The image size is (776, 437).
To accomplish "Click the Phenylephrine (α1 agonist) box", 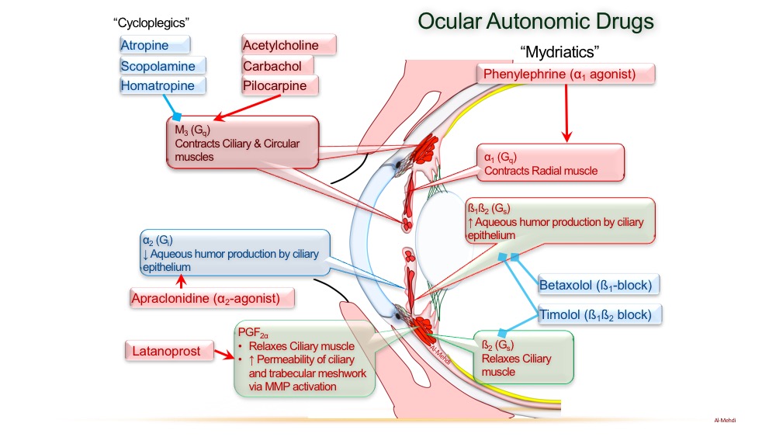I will pos(566,75).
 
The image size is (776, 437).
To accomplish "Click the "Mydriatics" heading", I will pos(561,52).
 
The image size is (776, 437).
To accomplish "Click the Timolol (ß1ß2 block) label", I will pos(600,314).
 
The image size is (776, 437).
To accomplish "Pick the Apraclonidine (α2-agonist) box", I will pos(214,297).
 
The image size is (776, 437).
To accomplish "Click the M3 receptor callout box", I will pos(242,141).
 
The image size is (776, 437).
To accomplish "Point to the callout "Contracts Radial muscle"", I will pos(550,164).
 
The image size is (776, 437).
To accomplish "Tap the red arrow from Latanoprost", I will pos(223,354).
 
